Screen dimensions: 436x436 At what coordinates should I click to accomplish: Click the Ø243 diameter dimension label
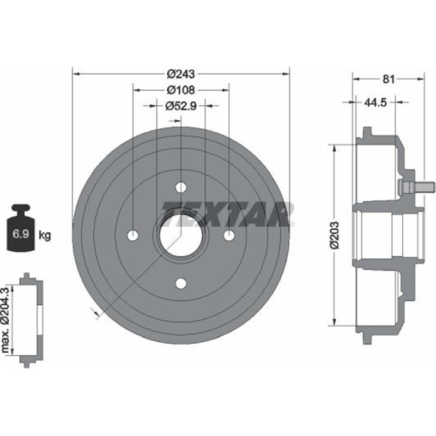click(180, 73)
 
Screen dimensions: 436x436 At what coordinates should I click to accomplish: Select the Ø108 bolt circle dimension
click(180, 89)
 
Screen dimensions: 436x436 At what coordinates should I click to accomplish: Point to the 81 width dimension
click(388, 79)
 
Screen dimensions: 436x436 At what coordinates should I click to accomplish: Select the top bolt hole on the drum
click(181, 187)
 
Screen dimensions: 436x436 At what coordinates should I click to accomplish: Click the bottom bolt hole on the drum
click(181, 283)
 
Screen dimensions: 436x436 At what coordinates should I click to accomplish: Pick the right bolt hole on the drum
click(229, 235)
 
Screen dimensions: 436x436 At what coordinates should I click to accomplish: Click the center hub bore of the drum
click(180, 235)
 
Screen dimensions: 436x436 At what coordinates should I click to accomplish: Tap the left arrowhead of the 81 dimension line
click(356, 79)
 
